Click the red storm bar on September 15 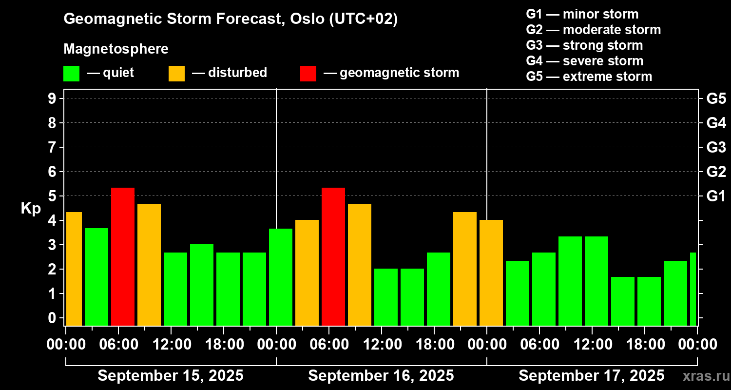pyautogui.click(x=122, y=256)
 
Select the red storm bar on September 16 pyautogui.click(x=333, y=256)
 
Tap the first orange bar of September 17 pyautogui.click(x=491, y=273)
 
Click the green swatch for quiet pyautogui.click(x=71, y=74)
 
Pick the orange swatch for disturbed pyautogui.click(x=176, y=74)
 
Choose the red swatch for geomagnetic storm pyautogui.click(x=308, y=74)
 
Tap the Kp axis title pyautogui.click(x=31, y=208)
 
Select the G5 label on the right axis pyautogui.click(x=716, y=98)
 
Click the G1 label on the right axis pyautogui.click(x=716, y=196)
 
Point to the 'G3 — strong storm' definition pyautogui.click(x=584, y=45)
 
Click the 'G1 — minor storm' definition pyautogui.click(x=582, y=14)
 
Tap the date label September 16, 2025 pyautogui.click(x=381, y=376)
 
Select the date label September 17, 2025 pyautogui.click(x=591, y=376)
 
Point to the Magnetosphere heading pyautogui.click(x=116, y=49)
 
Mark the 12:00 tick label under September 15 pyautogui.click(x=171, y=345)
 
